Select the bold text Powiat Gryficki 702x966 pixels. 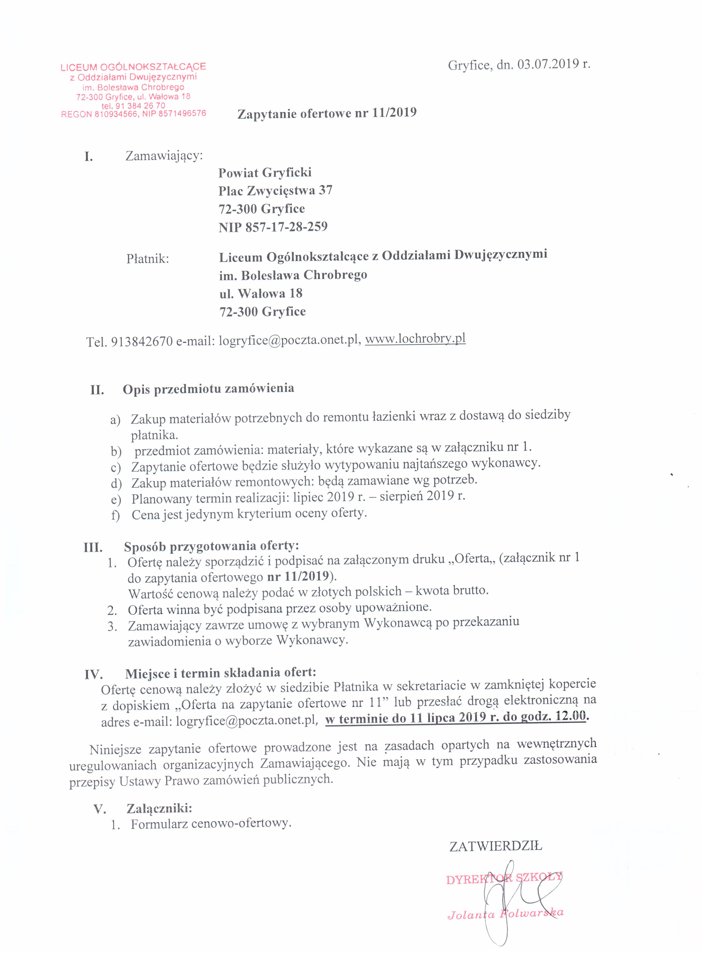265,173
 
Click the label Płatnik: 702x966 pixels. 147,258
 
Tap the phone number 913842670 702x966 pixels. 141,341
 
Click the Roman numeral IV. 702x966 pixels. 93,675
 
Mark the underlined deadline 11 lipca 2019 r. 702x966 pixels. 455,717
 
